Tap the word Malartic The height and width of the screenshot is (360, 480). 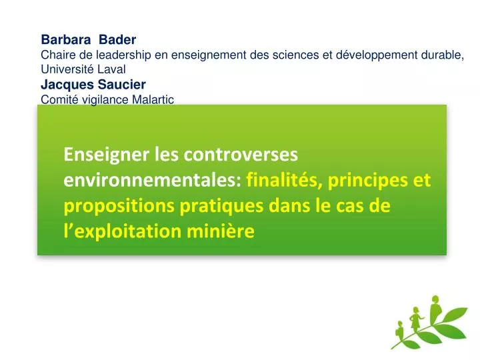click(x=151, y=100)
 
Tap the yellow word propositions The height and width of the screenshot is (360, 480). click(x=119, y=206)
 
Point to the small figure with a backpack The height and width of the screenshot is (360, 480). click(x=403, y=333)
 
